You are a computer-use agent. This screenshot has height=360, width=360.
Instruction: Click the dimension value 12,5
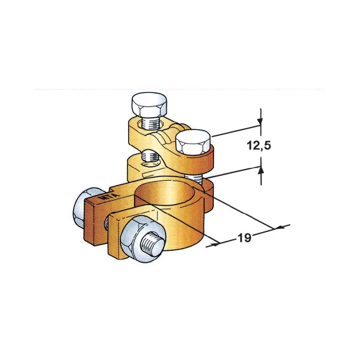259,146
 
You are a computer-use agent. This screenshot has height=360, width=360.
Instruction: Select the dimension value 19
244,238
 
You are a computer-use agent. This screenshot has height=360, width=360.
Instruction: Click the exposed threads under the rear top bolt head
151,123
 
